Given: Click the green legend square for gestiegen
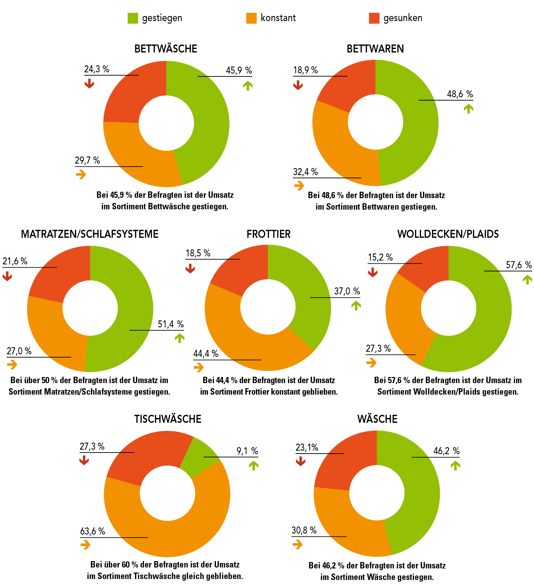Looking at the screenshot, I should point(133,18).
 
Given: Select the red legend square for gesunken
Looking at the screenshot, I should point(374,18).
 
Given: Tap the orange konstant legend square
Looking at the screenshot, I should point(251,18).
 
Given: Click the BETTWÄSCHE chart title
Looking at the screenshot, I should point(166,49).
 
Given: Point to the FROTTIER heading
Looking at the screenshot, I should point(268,234).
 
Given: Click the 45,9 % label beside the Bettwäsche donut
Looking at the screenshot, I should point(239,70).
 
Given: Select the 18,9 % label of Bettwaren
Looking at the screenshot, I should point(306,70).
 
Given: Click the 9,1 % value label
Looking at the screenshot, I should point(247,451).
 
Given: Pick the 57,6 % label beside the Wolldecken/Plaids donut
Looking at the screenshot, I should point(519,265).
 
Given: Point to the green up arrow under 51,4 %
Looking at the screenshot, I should point(180,338).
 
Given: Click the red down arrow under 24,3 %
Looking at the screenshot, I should point(89,84).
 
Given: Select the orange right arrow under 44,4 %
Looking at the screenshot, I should point(198,367).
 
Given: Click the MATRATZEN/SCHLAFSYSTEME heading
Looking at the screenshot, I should point(90,234).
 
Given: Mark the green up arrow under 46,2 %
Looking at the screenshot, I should point(455,465).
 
